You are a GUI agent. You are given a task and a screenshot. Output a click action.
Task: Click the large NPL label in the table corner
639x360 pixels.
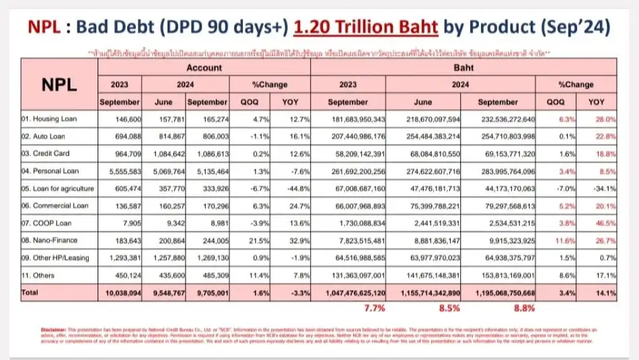pos(60,85)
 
